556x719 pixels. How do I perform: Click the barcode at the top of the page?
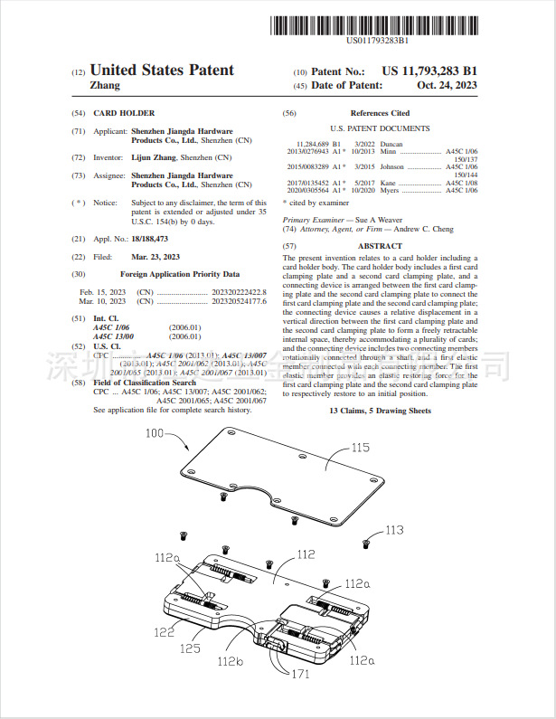tap(376, 25)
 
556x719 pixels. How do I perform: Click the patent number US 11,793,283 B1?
tap(429, 71)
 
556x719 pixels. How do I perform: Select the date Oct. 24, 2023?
tap(448, 85)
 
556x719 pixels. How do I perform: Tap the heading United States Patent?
tap(162, 71)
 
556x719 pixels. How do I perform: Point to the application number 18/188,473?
tap(149, 238)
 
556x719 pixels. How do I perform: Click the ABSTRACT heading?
tap(380, 246)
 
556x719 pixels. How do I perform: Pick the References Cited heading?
tap(380, 113)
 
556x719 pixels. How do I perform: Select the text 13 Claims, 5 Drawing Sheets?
tap(380, 412)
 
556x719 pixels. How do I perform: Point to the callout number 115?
tap(361, 448)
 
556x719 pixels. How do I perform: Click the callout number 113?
tap(394, 530)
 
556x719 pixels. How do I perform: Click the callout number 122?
tap(164, 632)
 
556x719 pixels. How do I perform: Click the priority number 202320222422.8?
tap(237, 292)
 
